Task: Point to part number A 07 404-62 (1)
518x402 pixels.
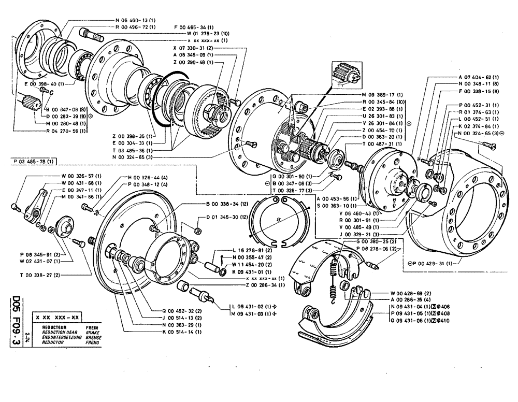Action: coord(478,76)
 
